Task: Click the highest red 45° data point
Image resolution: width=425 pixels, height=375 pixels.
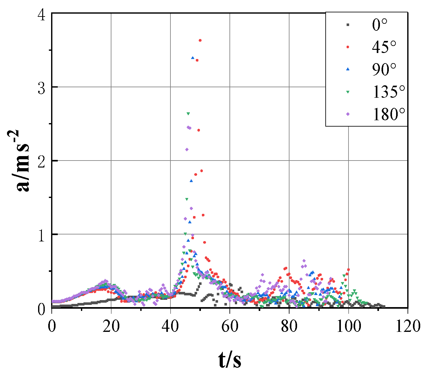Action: [200, 40]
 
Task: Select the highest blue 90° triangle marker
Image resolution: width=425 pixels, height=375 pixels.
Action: [193, 58]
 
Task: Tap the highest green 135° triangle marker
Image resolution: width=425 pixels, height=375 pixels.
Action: [188, 114]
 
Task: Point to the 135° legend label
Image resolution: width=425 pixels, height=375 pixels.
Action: [389, 92]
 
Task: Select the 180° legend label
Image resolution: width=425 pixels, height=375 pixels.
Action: [389, 114]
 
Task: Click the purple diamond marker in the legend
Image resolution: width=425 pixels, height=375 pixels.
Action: [348, 114]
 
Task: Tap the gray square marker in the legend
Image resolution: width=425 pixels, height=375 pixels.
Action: [348, 25]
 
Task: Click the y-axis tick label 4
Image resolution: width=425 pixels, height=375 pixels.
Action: [41, 15]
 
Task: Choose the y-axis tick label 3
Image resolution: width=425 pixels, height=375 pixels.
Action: [41, 88]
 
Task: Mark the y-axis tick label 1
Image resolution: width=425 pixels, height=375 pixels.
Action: [41, 235]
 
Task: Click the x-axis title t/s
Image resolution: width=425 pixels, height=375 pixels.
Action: [230, 360]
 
